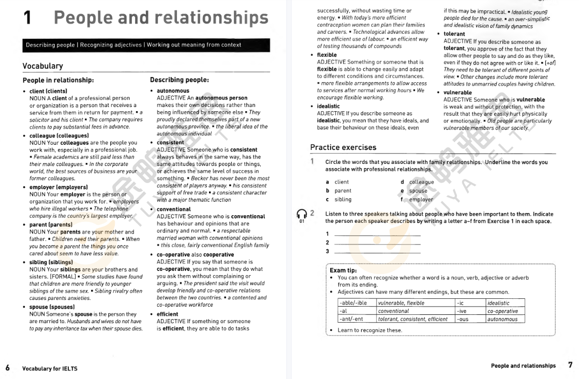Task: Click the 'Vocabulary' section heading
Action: (x=42, y=66)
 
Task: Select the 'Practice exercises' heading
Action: (x=343, y=147)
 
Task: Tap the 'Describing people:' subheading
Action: (x=179, y=80)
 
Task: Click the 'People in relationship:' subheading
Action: (x=58, y=80)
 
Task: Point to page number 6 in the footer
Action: (x=8, y=368)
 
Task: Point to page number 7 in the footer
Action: (x=570, y=365)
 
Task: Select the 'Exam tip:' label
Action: (x=343, y=270)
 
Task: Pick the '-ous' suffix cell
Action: (x=463, y=319)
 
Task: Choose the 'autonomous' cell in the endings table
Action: (x=502, y=319)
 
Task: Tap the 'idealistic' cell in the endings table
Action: (x=498, y=303)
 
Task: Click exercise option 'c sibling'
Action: (x=339, y=199)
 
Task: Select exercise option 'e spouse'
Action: (x=414, y=191)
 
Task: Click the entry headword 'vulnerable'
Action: (x=457, y=93)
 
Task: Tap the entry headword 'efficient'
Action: (x=169, y=314)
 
